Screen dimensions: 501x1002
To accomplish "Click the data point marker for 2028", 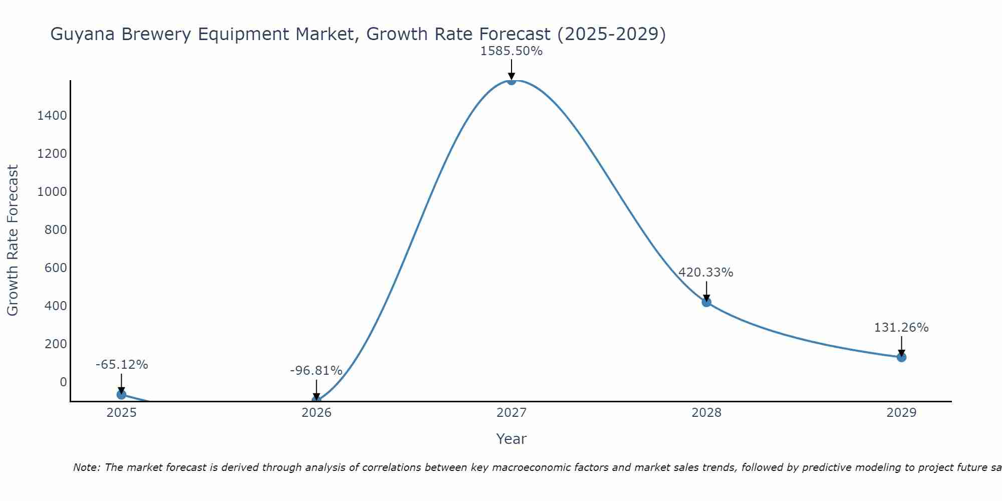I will [706, 302].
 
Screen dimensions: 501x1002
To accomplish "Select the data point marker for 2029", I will [901, 357].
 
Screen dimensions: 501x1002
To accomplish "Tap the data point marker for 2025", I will [121, 395].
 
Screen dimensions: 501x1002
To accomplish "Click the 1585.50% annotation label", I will [511, 51].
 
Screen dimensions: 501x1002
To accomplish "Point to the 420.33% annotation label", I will [705, 273].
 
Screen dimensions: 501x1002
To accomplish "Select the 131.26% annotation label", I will [901, 328].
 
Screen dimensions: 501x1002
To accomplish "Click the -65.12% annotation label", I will [122, 365].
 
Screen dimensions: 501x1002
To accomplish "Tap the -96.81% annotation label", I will [316, 371].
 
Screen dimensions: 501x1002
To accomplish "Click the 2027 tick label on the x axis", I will [511, 413].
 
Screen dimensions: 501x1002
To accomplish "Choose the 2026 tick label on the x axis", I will [316, 413].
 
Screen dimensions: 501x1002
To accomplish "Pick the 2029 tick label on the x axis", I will [901, 413].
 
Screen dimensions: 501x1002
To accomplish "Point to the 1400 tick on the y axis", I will [52, 116].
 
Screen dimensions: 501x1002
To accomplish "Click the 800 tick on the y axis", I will [55, 230].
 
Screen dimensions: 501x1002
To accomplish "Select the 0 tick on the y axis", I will [63, 382].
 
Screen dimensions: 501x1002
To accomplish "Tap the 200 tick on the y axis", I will [55, 344].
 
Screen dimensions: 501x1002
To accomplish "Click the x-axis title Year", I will [511, 439].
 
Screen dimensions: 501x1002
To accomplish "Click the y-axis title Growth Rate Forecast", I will [13, 240].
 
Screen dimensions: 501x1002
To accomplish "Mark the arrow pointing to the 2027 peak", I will [511, 69].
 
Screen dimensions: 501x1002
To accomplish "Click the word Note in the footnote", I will [86, 467].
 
